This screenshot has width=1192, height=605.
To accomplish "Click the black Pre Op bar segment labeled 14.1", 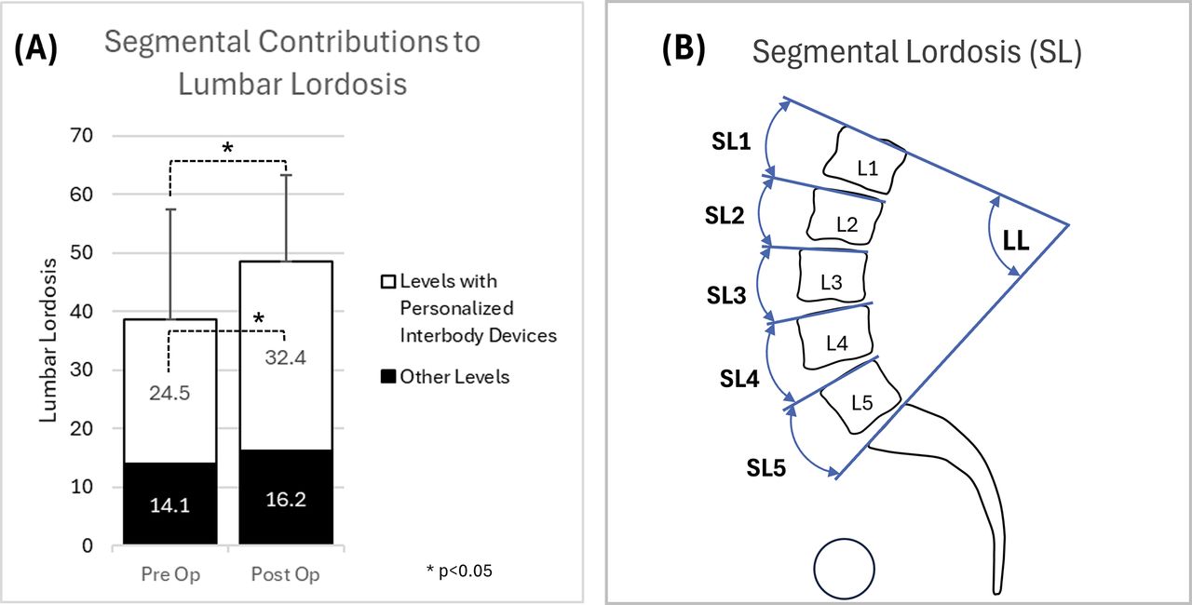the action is pos(170,503).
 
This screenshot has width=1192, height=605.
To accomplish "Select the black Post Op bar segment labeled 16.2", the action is pos(286,496).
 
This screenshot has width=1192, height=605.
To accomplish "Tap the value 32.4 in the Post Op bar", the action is pos(286,357).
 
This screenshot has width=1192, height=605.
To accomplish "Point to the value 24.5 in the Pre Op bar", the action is pos(169,394).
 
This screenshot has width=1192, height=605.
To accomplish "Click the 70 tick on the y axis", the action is pos(81,136).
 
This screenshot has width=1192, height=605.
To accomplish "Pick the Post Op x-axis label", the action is pos(285,574).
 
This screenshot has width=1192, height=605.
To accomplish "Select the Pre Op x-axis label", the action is pos(170,574).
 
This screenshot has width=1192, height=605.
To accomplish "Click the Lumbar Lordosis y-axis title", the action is pos(47,341).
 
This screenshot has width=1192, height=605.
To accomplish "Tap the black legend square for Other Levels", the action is pos(388,377).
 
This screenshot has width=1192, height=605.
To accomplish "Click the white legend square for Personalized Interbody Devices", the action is pos(388,281).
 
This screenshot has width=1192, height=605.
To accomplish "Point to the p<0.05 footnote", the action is pos(459,571).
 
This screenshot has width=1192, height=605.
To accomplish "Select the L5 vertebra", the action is pos(860,398).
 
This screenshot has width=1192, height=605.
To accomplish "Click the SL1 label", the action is pos(731,141).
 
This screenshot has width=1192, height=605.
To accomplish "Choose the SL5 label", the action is pos(765,468).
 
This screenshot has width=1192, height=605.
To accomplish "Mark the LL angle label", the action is pos(1016,242).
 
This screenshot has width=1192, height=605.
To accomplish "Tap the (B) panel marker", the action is pos(684,49).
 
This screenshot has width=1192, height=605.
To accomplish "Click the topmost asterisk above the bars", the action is pos(227,148).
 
